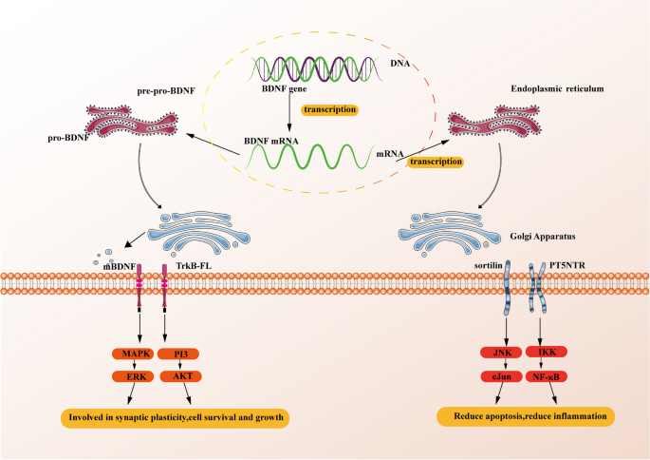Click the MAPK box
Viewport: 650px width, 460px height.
pyautogui.click(x=133, y=354)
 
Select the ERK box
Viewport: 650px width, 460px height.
pyautogui.click(x=133, y=376)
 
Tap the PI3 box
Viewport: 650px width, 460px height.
pyautogui.click(x=179, y=354)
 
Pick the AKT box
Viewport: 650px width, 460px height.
pyautogui.click(x=180, y=376)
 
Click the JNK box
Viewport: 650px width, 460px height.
pyautogui.click(x=501, y=353)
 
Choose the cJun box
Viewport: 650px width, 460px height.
pyautogui.click(x=501, y=376)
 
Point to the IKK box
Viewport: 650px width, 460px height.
pyautogui.click(x=547, y=352)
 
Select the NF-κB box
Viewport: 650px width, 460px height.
pyautogui.click(x=547, y=376)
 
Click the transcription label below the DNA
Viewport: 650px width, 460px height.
pyautogui.click(x=329, y=109)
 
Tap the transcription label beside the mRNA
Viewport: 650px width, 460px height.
pyautogui.click(x=436, y=162)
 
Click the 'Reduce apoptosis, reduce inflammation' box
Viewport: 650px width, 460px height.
pyautogui.click(x=526, y=416)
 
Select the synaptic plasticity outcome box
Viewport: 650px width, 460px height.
pyautogui.click(x=175, y=417)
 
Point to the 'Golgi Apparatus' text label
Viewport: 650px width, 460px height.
pyautogui.click(x=543, y=237)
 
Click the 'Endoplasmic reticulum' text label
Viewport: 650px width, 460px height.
pyautogui.click(x=557, y=88)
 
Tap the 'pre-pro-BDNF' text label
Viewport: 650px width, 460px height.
pyautogui.click(x=166, y=91)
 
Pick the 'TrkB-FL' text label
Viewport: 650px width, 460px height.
pyautogui.click(x=194, y=266)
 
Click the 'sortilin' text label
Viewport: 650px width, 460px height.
pyautogui.click(x=489, y=265)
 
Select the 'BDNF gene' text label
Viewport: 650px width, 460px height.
pyautogui.click(x=284, y=88)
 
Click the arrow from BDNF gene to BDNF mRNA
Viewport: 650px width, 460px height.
pyautogui.click(x=289, y=113)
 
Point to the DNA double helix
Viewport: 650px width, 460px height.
pyautogui.click(x=315, y=68)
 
